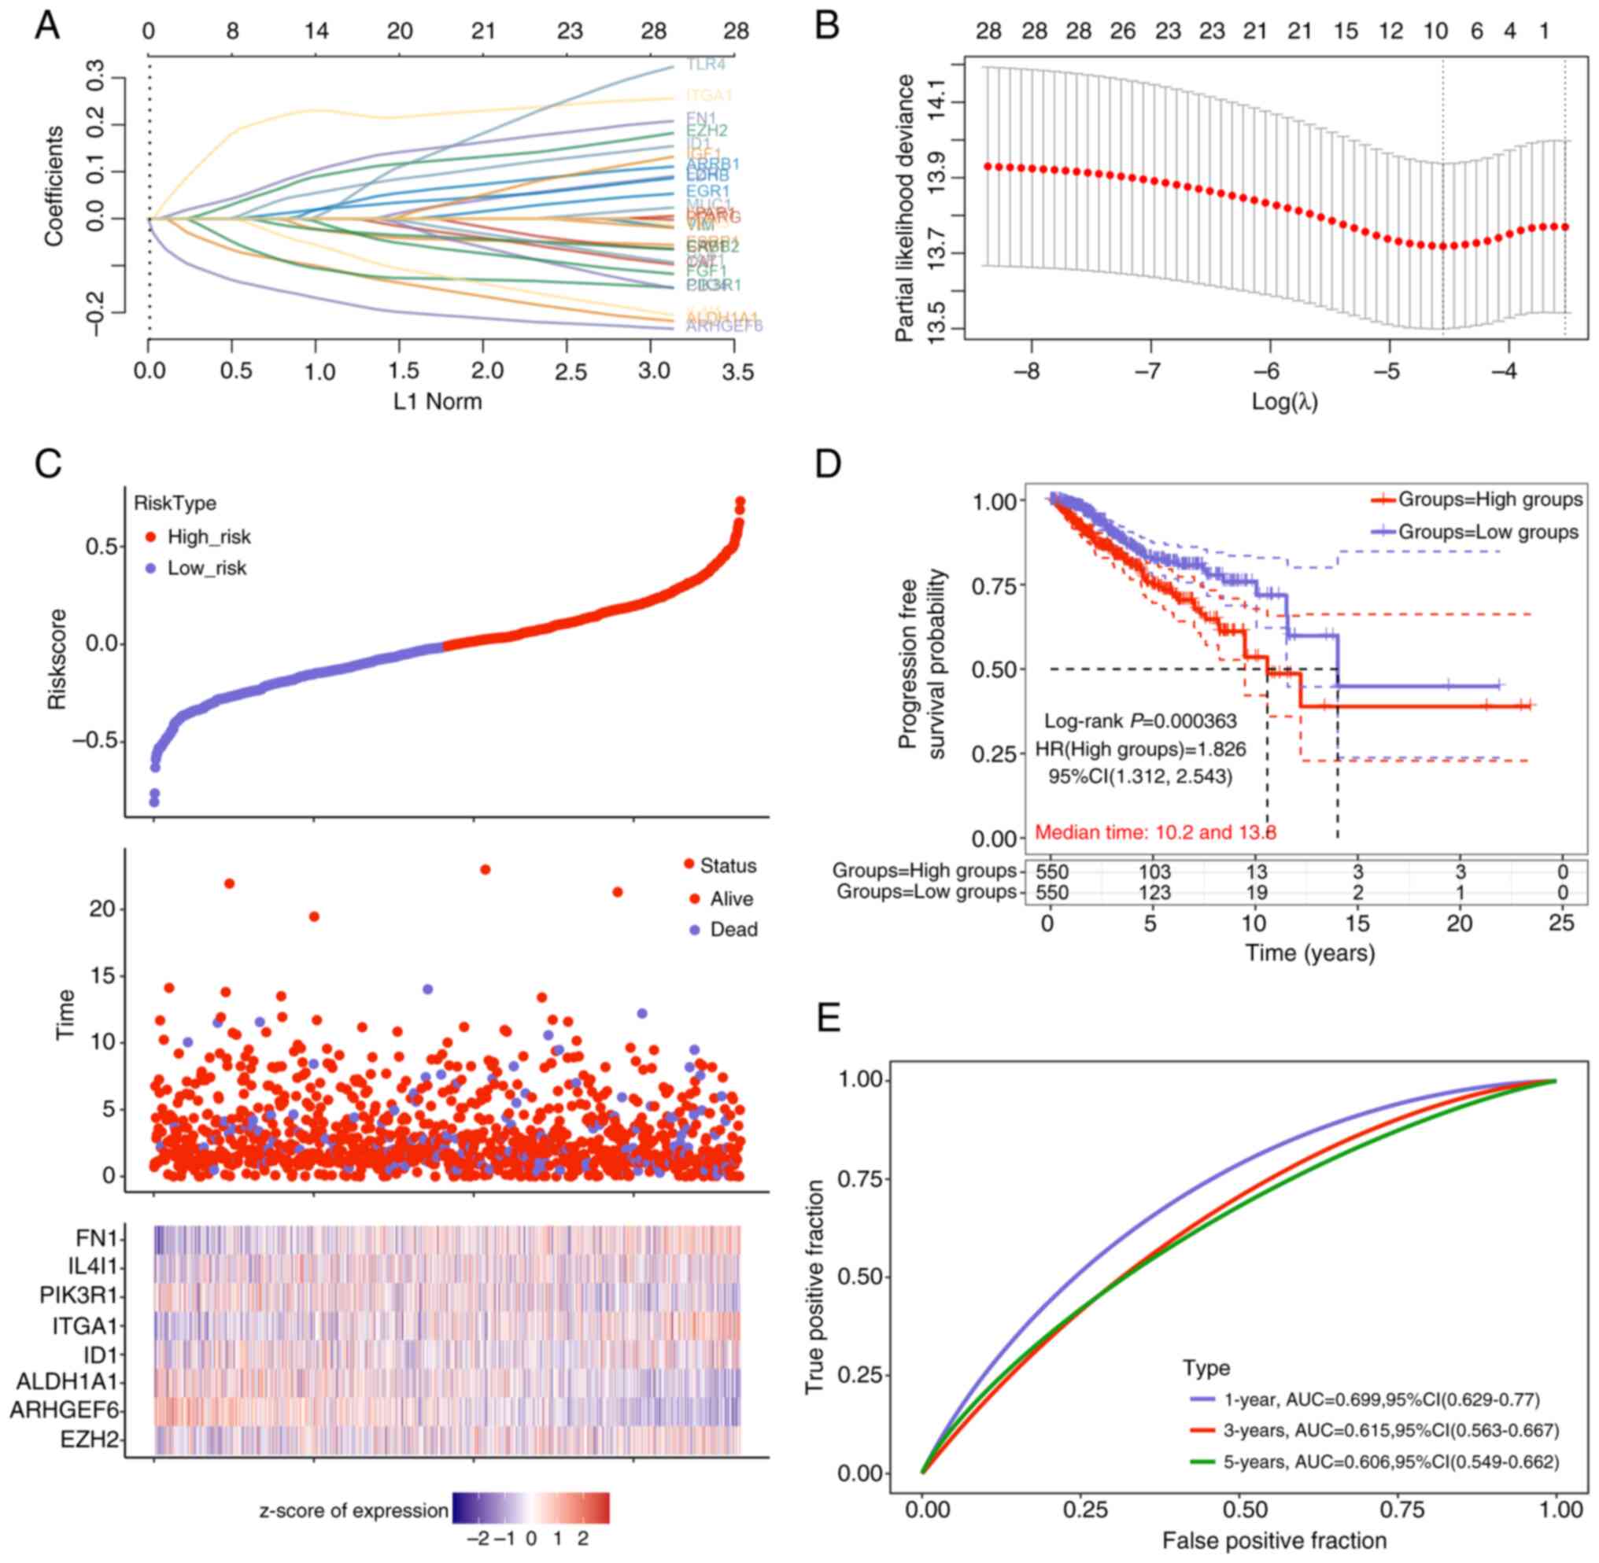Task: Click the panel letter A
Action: click(x=46, y=26)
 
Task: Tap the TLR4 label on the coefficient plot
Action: click(x=706, y=64)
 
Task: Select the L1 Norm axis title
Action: click(x=438, y=401)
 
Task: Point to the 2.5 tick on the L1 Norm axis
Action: click(x=570, y=372)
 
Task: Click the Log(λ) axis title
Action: click(x=1283, y=401)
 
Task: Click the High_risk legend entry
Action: click(x=209, y=537)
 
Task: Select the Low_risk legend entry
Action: click(x=206, y=568)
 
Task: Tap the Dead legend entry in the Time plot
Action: click(x=733, y=929)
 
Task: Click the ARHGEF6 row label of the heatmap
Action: click(x=64, y=1410)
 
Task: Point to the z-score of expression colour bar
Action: click(x=530, y=1508)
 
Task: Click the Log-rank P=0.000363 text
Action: click(x=1140, y=721)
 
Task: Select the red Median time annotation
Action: click(x=1154, y=832)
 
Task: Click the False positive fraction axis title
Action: click(x=1274, y=1541)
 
